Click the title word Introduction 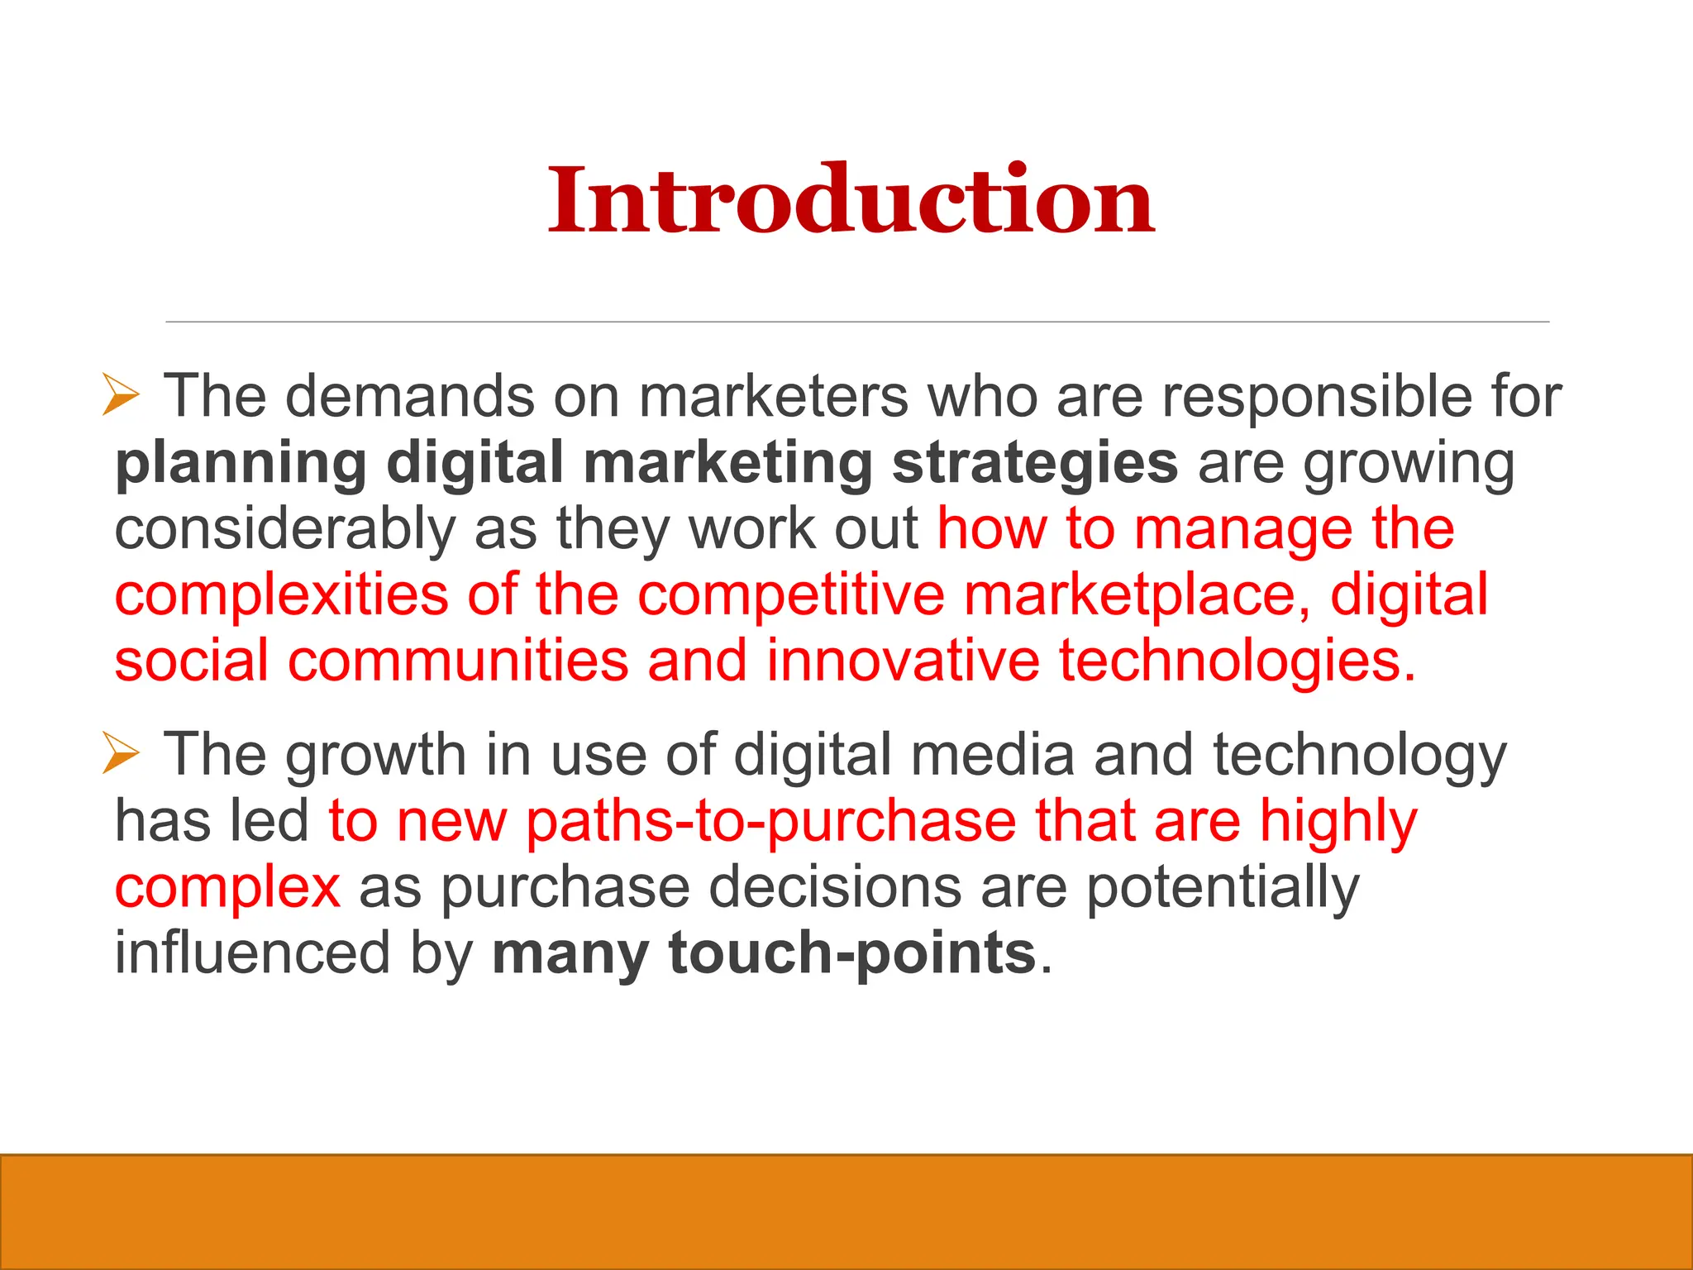point(851,201)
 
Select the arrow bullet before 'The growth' point(121,752)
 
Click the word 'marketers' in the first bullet point(774,396)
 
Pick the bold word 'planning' point(241,463)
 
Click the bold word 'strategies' point(1035,463)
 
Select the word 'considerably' point(284,529)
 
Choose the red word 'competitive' point(790,595)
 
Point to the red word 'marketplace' point(1137,595)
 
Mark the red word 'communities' point(458,661)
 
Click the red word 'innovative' point(903,661)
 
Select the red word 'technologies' point(1237,661)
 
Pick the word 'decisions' point(835,888)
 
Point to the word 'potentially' point(1222,888)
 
